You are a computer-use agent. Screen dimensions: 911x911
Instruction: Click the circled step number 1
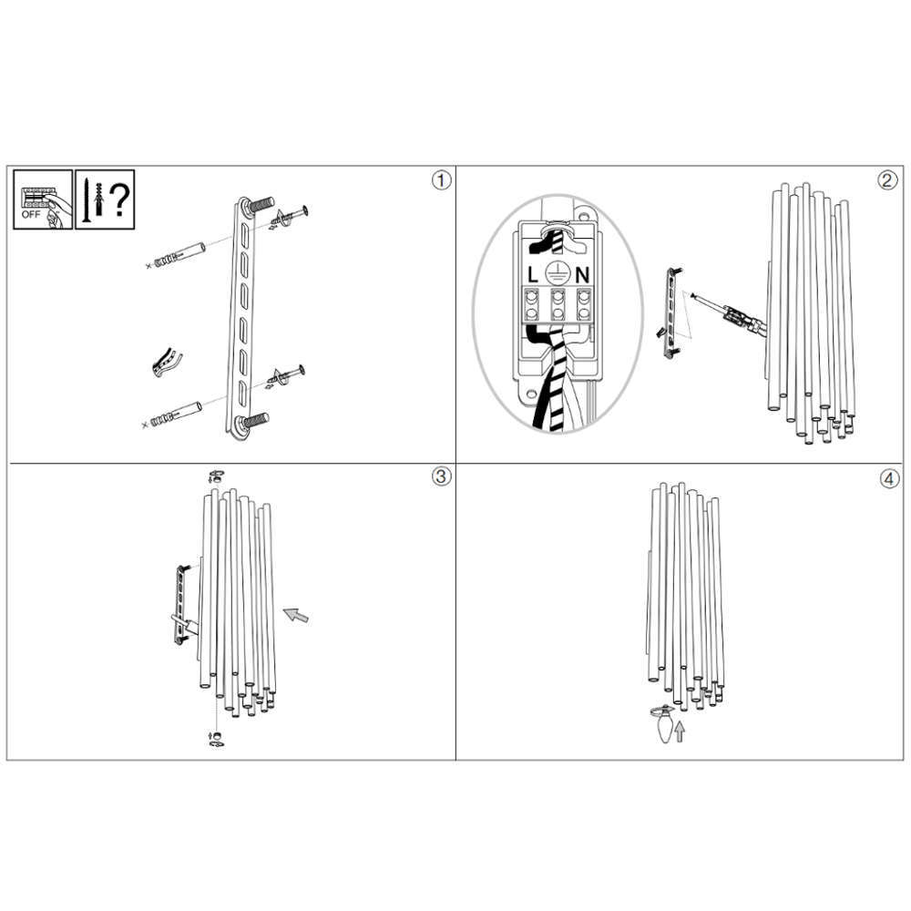pos(441,180)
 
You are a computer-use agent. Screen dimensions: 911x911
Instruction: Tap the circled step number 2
pos(886,180)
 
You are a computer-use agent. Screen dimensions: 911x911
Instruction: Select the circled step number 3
pos(441,476)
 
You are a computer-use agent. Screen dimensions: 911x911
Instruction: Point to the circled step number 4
pos(889,479)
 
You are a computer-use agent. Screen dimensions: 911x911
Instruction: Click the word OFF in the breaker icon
pos(31,214)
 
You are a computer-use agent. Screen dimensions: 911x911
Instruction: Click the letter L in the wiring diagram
pos(533,275)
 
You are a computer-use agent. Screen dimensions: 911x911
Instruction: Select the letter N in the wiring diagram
pos(582,275)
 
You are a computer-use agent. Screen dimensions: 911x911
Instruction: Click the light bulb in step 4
pos(664,725)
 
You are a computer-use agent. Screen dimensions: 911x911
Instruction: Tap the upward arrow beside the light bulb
pos(680,732)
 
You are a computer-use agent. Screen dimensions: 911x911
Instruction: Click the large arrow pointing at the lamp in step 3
pos(296,615)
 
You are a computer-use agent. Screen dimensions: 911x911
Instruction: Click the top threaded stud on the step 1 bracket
pos(260,204)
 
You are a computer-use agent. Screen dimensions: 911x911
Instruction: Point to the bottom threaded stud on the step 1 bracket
pos(254,420)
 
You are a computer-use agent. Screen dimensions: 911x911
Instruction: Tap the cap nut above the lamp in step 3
pos(216,477)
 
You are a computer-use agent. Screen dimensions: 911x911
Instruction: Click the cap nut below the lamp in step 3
pos(216,739)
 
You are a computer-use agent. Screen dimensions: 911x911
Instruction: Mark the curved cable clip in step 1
pos(167,363)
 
